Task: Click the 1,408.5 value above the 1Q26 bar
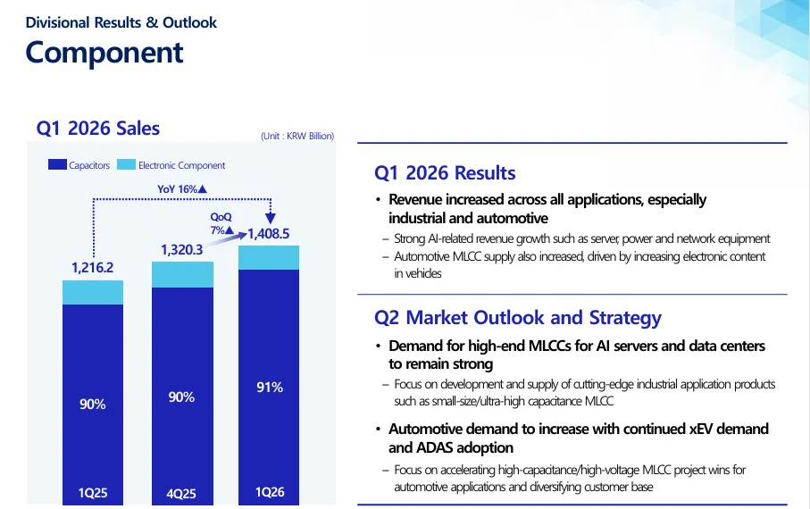tap(268, 234)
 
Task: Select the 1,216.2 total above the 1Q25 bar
tap(92, 268)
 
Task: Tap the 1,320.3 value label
tap(182, 250)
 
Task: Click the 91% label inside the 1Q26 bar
tap(270, 388)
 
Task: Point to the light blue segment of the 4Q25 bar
tap(182, 274)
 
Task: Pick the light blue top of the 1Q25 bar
tap(93, 293)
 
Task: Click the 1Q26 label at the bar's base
tap(270, 492)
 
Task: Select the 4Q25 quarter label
tap(181, 494)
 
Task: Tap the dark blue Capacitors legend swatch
tap(57, 164)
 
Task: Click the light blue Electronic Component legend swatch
tap(126, 164)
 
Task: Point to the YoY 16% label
tap(182, 189)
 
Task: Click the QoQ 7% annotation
tap(221, 223)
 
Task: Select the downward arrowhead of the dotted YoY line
tap(271, 218)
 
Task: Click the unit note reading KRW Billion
tap(297, 136)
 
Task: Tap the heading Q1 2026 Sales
tap(98, 129)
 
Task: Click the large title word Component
tap(104, 53)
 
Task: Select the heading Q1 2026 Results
tap(445, 173)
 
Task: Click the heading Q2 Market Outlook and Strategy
tap(518, 318)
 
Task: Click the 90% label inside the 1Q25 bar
tap(93, 405)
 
